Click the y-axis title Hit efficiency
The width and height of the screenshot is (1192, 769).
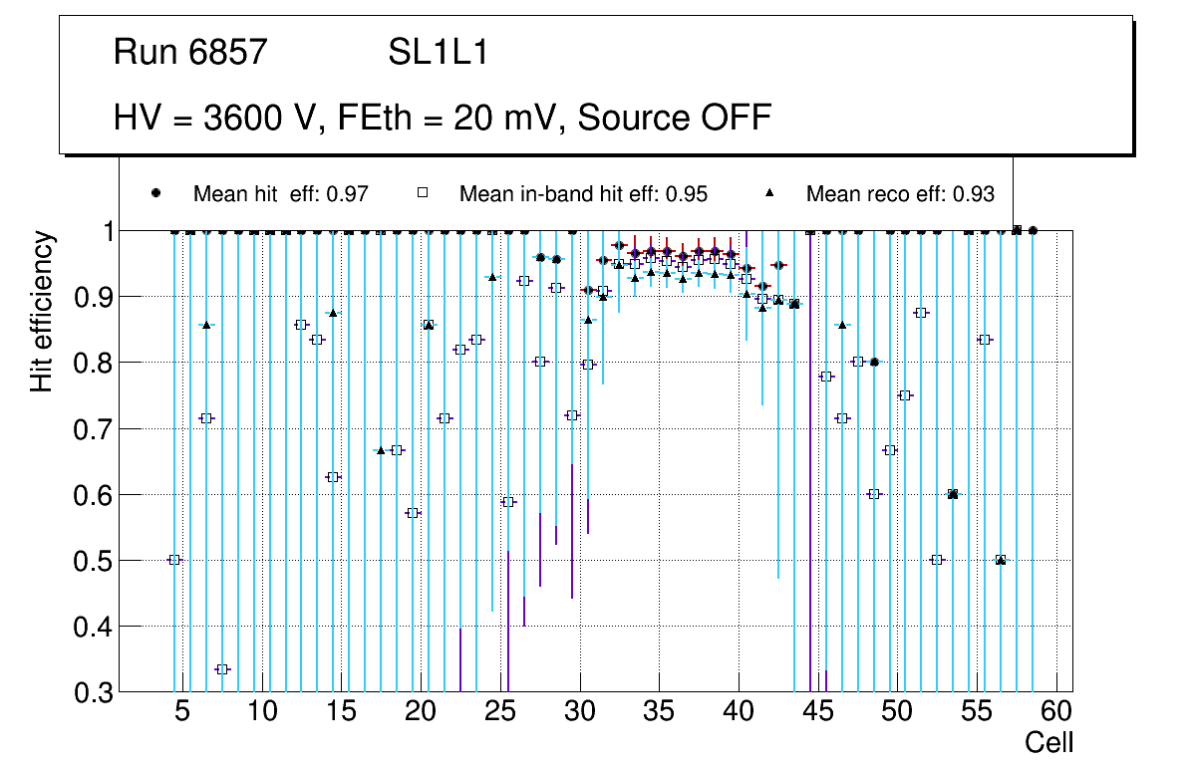click(41, 311)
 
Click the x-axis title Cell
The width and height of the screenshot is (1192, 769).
click(1049, 743)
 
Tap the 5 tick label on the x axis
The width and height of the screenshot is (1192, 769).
click(182, 712)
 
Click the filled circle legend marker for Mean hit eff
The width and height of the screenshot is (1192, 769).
click(155, 193)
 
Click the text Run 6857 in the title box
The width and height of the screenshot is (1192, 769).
click(191, 52)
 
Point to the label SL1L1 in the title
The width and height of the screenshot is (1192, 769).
click(438, 52)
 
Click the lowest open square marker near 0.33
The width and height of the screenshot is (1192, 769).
click(222, 669)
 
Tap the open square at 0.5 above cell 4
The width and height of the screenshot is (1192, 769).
click(174, 560)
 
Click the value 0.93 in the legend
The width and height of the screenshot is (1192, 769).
click(974, 194)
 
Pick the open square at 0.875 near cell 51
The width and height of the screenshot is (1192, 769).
click(921, 313)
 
